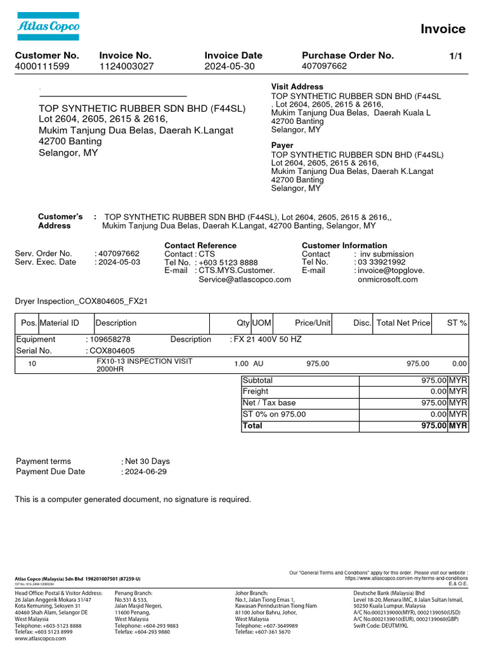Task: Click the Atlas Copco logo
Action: (x=48, y=26)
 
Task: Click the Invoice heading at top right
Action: (x=443, y=29)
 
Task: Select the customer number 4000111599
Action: (x=42, y=66)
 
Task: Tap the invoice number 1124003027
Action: (x=126, y=66)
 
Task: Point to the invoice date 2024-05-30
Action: (x=229, y=66)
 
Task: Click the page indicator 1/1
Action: (x=455, y=56)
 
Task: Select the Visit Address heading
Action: (x=297, y=86)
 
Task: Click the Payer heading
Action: (x=282, y=145)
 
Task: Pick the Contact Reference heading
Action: (x=200, y=246)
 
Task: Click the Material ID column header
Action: (x=60, y=323)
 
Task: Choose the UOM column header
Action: (x=262, y=323)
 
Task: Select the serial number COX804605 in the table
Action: (x=112, y=350)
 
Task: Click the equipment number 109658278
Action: (x=110, y=340)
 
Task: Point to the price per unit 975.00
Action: (x=318, y=364)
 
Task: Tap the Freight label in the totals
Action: (x=256, y=392)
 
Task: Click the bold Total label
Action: (x=252, y=426)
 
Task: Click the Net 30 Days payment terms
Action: (x=147, y=461)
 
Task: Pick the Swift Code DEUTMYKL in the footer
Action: (x=380, y=626)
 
